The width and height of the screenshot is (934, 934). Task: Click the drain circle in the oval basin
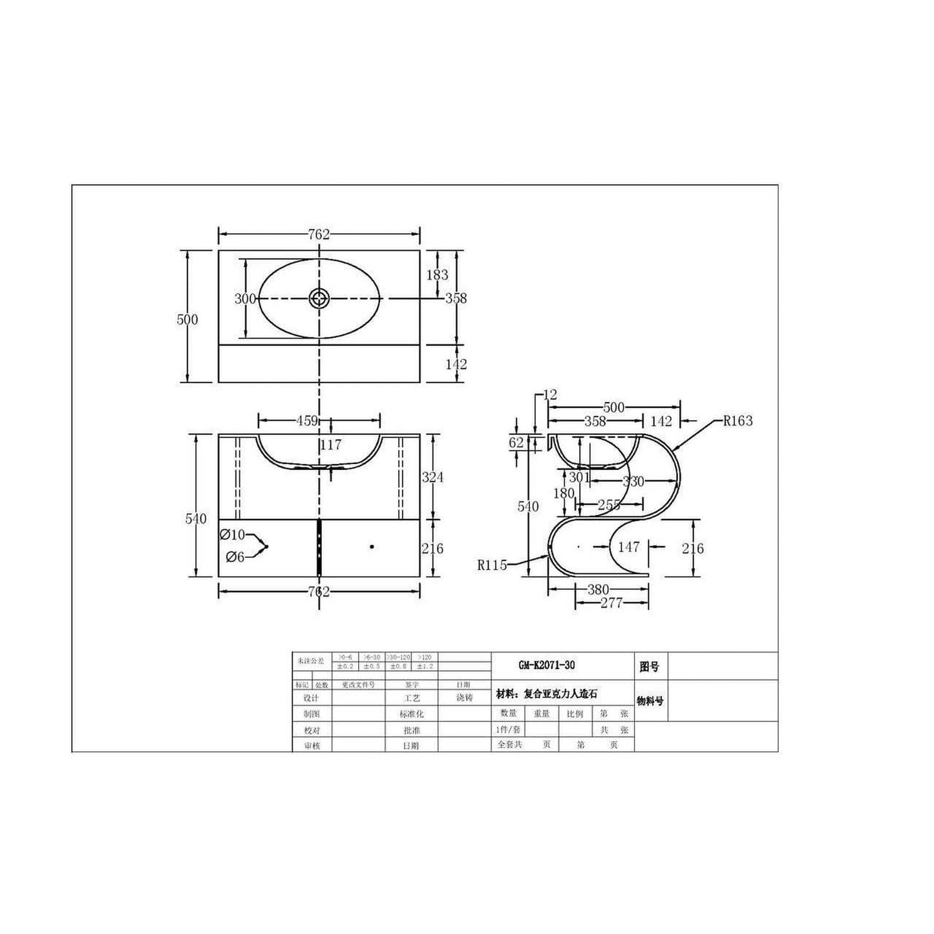[x=319, y=298]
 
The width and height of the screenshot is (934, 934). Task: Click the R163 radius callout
[x=738, y=421]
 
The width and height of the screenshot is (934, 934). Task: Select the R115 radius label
[x=491, y=564]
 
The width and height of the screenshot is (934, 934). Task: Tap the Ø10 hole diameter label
[x=232, y=535]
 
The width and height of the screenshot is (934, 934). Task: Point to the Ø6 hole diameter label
[x=235, y=557]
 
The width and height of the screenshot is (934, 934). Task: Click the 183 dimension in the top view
[x=437, y=275]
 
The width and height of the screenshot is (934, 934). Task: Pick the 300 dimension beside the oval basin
[x=245, y=299]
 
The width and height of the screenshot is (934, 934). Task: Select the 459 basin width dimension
[x=307, y=421]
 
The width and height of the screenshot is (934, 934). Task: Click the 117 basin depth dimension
[x=331, y=445]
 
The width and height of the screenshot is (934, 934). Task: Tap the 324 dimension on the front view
[x=432, y=477]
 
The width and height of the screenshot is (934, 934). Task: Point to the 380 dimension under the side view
[x=598, y=589]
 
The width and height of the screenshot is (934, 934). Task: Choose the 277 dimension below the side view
[x=611, y=603]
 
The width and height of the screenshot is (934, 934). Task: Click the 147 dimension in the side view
[x=628, y=547]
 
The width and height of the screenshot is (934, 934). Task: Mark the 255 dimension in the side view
[x=609, y=505]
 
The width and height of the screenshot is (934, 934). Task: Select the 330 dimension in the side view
[x=633, y=482]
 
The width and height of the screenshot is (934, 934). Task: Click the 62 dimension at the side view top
[x=516, y=443]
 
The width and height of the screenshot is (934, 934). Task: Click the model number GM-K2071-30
[x=546, y=665]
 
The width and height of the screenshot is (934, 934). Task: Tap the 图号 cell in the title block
[x=650, y=666]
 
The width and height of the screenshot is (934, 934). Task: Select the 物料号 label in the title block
[x=650, y=701]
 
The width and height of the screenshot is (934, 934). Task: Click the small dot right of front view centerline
[x=372, y=547]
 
